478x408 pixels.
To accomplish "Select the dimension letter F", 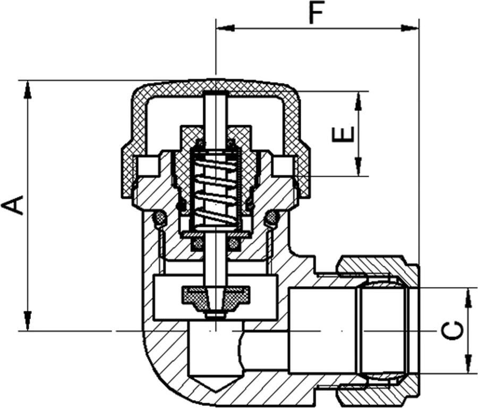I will pyautogui.click(x=317, y=13).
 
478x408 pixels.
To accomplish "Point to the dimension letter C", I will pyautogui.click(x=453, y=331).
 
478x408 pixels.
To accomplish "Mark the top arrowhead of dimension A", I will pyautogui.click(x=27, y=89).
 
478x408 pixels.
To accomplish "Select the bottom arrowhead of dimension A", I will pyautogui.click(x=27, y=322).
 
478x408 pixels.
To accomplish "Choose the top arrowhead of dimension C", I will pyautogui.click(x=468, y=298).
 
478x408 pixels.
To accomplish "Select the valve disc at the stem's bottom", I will pyautogui.click(x=216, y=295).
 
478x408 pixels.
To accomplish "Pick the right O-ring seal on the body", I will pyautogui.click(x=271, y=217).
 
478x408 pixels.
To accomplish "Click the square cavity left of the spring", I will pyautogui.click(x=148, y=167).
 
